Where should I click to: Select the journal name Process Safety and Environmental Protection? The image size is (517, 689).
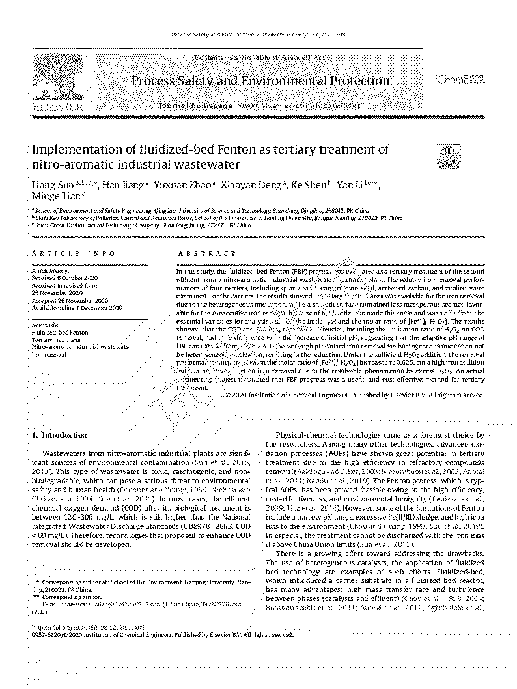click(260, 81)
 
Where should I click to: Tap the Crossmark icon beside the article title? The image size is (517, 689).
click(447, 154)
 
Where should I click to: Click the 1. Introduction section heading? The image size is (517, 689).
click(59, 434)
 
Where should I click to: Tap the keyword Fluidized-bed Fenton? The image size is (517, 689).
click(60, 332)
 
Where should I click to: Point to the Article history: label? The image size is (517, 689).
click(50, 270)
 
